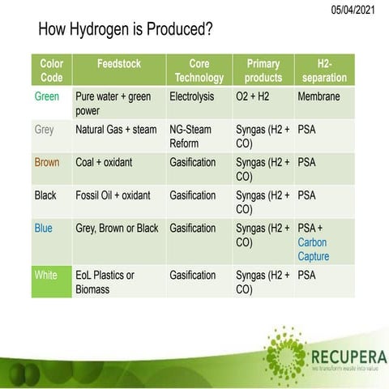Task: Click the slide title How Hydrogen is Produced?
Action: pyautogui.click(x=126, y=31)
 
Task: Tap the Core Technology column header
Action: pyautogui.click(x=199, y=71)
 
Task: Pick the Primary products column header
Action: pyautogui.click(x=263, y=71)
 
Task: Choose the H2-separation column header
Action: pyautogui.click(x=325, y=71)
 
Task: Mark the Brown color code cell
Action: pyautogui.click(x=47, y=162)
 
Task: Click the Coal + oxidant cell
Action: pyautogui.click(x=104, y=162)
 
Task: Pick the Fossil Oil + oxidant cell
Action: pyautogui.click(x=113, y=195)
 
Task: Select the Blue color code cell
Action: pyautogui.click(x=44, y=229)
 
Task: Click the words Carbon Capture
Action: pyautogui.click(x=314, y=249)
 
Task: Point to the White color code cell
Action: pyautogui.click(x=46, y=276)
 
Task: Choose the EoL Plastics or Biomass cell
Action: pyautogui.click(x=105, y=282)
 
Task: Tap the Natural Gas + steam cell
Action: pyautogui.click(x=117, y=129)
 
